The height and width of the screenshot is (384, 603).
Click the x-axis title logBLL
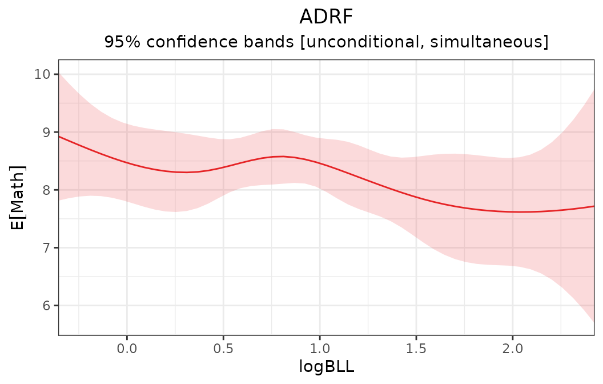pyautogui.click(x=326, y=367)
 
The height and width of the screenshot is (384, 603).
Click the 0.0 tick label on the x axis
pyautogui.click(x=127, y=347)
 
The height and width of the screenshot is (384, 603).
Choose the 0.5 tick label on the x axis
pyautogui.click(x=223, y=347)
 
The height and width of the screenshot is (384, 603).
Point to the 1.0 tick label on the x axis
pyautogui.click(x=320, y=347)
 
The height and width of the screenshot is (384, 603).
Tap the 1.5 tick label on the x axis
pyautogui.click(x=416, y=347)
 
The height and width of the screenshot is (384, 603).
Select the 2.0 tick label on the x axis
pyautogui.click(x=513, y=347)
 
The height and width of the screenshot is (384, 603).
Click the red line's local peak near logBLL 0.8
pyautogui.click(x=282, y=156)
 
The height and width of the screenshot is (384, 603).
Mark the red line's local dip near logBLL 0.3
pyautogui.click(x=184, y=172)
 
